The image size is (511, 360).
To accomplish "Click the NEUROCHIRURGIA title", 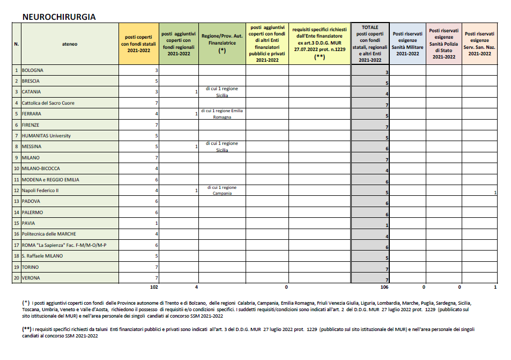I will pos(59,17).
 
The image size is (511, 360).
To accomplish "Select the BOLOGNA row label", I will pos(33,70).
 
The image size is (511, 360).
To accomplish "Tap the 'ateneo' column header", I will pos(70,44).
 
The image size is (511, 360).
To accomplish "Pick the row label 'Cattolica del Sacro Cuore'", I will pos(48,103).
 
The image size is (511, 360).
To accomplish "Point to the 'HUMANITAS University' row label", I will pos(46,136).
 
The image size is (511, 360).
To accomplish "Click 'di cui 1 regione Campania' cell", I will pos(221,190).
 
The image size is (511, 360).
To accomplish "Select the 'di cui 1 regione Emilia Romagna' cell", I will pos(221,114).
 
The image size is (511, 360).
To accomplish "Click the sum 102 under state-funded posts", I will pos(154,288).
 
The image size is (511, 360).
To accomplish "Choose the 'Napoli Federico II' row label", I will pos(40,190).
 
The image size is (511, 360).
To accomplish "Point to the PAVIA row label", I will pos(29,223).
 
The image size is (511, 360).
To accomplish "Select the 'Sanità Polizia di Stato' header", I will pos(443,44).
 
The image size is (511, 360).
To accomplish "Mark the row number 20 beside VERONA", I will pos(17,278).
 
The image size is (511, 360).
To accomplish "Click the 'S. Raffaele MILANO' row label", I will pos(42,256).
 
